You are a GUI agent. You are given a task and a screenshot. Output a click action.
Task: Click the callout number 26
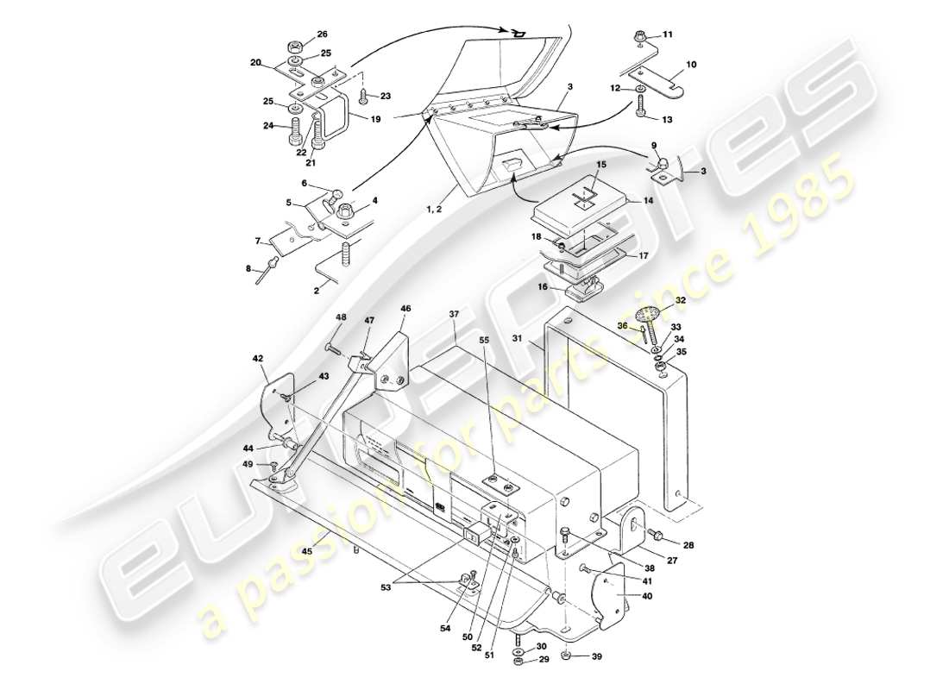point(322,34)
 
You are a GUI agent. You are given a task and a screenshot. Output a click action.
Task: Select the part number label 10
point(690,64)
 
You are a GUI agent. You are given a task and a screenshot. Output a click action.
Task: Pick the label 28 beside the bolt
point(688,544)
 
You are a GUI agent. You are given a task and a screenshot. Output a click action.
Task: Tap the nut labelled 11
point(641,37)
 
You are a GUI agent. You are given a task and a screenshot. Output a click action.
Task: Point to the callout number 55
point(484,342)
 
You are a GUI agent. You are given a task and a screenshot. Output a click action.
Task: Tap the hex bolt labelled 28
point(657,536)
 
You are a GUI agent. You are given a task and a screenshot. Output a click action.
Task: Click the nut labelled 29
point(518,662)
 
